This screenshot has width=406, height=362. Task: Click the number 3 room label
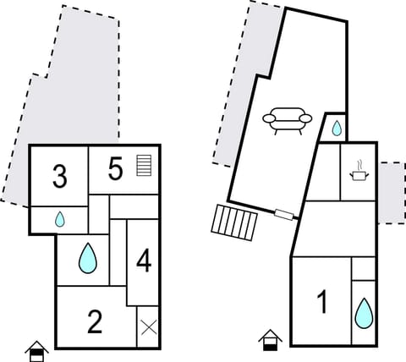coord(59,177)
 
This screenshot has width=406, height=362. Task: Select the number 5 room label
coord(116,168)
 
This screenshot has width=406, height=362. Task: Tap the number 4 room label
coord(143,261)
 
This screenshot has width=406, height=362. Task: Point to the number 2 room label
coord(95,321)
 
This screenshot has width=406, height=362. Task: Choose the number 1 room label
coord(321,302)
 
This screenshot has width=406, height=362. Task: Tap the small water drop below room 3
coord(60,219)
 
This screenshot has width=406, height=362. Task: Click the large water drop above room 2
coord(88,259)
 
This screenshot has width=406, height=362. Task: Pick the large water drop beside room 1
coord(363,313)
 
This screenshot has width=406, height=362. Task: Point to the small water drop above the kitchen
coord(337,129)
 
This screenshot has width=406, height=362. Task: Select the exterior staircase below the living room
coord(233,223)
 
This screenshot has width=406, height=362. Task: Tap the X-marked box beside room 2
coord(148,327)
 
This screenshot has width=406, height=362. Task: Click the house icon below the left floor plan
coord(36,349)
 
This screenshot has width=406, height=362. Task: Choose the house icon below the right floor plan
coord(270,340)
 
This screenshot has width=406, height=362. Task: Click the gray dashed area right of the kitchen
coord(390,193)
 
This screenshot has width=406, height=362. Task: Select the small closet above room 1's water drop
coord(363,268)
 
